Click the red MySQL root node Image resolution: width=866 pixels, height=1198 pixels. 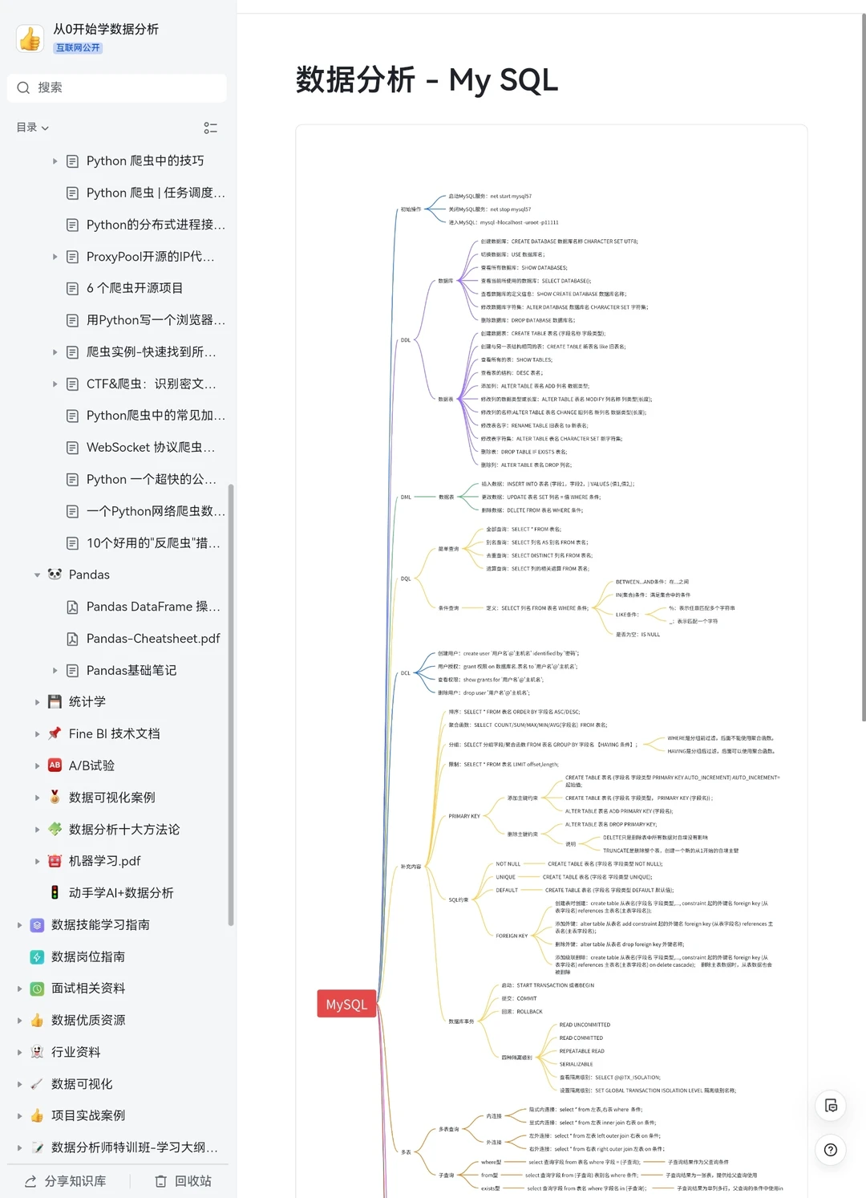346,1004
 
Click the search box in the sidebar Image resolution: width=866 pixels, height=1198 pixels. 117,87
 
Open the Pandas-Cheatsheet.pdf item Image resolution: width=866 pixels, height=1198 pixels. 152,639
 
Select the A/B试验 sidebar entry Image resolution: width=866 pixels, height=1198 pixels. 91,766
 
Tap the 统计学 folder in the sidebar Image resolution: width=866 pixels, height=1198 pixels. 87,702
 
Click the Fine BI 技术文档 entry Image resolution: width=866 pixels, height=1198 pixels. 114,733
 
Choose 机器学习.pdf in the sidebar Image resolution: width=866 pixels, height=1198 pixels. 104,861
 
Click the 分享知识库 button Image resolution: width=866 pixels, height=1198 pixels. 66,1181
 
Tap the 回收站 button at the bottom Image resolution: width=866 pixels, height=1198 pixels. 184,1181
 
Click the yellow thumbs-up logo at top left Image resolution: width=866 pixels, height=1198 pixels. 30,38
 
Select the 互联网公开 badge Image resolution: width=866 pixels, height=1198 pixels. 78,48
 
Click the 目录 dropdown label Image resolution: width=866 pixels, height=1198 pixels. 32,128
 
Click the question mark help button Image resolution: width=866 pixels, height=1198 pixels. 831,1150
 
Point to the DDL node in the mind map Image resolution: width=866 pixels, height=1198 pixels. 406,340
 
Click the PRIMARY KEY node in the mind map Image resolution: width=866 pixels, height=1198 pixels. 464,816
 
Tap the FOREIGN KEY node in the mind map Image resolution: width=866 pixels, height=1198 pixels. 512,936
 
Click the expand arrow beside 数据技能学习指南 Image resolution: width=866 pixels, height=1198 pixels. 20,925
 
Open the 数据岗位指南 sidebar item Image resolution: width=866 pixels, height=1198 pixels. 88,956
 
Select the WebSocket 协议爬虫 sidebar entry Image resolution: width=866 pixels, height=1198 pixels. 150,447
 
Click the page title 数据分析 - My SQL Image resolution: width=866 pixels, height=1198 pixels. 427,80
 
